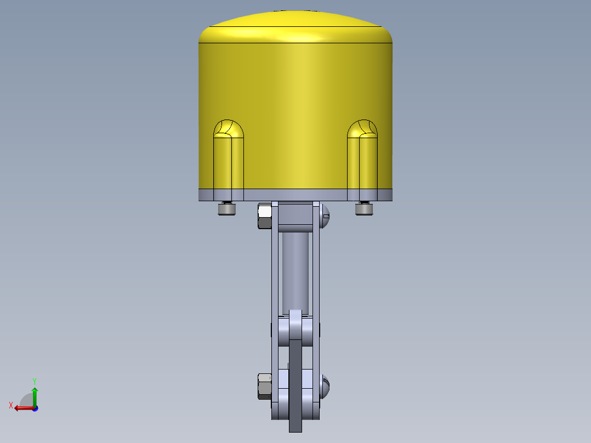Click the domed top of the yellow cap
coord(295,26)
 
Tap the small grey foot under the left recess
coord(227,208)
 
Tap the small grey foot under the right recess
coord(364,208)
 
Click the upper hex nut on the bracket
coord(265,216)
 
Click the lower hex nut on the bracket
coord(265,387)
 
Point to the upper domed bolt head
coord(325,216)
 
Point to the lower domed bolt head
coord(325,387)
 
